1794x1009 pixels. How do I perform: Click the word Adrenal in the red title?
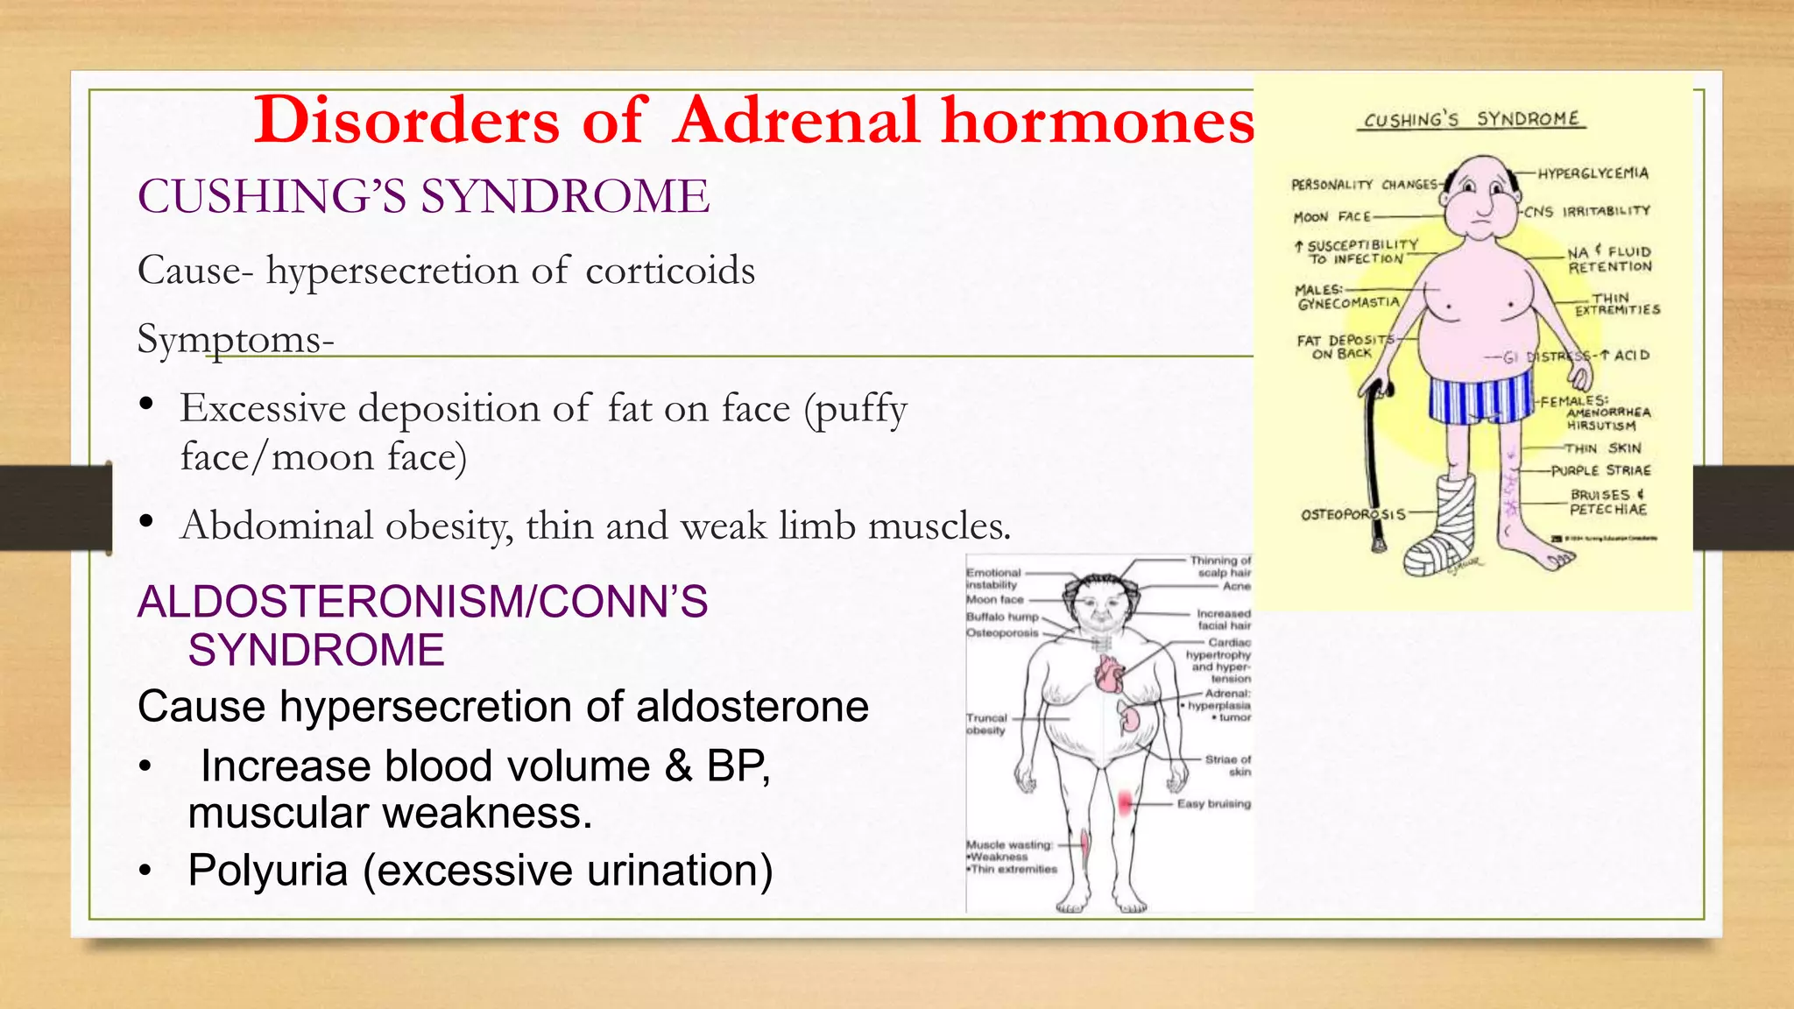[x=797, y=120]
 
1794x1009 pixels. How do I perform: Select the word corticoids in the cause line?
[x=670, y=271]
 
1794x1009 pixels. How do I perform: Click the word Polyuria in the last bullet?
[x=268, y=871]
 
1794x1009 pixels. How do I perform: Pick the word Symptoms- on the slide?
[x=235, y=339]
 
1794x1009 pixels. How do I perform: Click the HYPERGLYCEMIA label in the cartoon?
[x=1593, y=173]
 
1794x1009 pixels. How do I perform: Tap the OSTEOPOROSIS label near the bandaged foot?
[x=1353, y=514]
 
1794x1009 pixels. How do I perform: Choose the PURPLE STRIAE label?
[x=1600, y=470]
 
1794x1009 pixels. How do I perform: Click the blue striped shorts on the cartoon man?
[x=1480, y=399]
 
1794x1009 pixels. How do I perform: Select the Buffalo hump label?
[x=1002, y=617]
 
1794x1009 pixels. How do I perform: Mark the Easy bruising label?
[x=1213, y=803]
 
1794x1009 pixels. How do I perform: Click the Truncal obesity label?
[x=986, y=723]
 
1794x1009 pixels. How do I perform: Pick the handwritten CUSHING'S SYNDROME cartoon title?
[x=1472, y=119]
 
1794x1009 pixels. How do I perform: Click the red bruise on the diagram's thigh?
[x=1125, y=802]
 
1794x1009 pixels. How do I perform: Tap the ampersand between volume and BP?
[x=678, y=766]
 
